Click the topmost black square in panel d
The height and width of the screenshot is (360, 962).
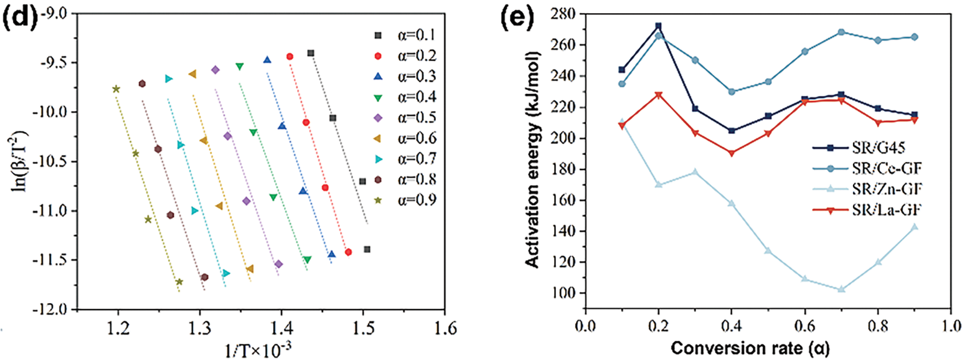tap(311, 53)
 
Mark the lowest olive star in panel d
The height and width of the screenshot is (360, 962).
tap(179, 282)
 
